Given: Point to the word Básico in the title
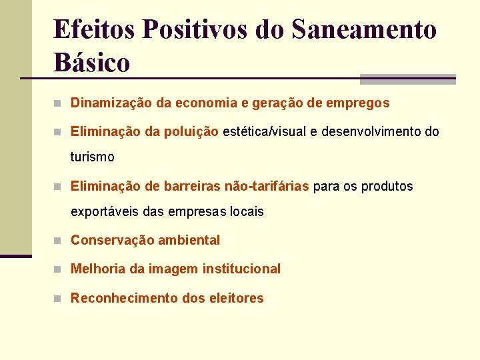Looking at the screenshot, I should point(92,63).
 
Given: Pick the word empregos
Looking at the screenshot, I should point(358,103).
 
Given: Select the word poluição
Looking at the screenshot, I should point(191,131).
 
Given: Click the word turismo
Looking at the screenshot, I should point(93,158).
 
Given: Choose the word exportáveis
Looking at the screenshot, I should point(103,212).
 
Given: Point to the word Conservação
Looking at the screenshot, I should point(109,240).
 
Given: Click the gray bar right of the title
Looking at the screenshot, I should point(407,79).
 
